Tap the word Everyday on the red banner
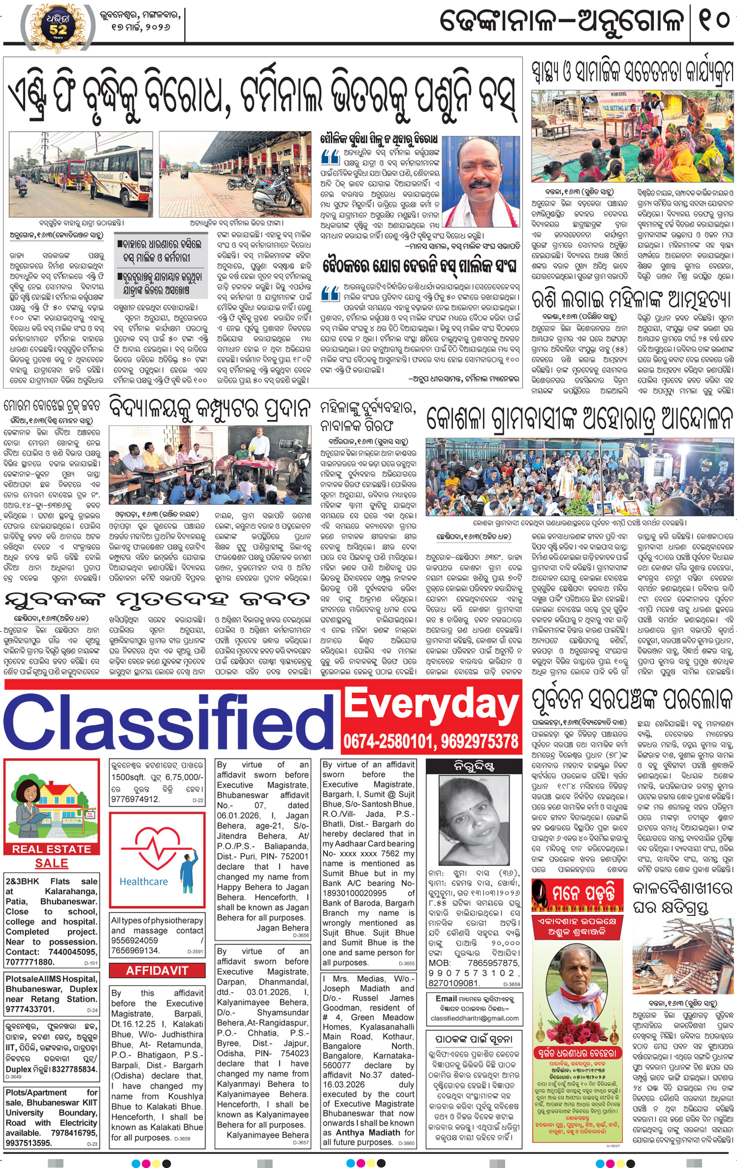pos(432,706)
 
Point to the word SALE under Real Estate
pos(52,863)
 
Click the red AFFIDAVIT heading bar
pos(157,970)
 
